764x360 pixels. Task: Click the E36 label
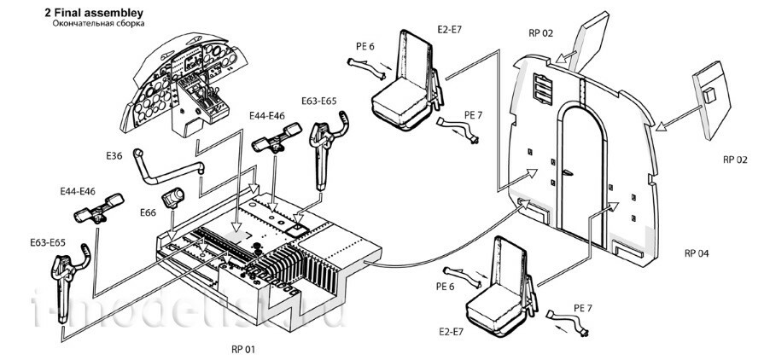click(x=115, y=155)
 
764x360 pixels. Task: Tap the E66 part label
click(x=149, y=212)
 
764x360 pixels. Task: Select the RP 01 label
click(x=243, y=349)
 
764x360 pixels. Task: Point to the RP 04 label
click(x=697, y=253)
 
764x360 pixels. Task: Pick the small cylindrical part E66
click(x=173, y=198)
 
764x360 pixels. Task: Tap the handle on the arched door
click(x=566, y=172)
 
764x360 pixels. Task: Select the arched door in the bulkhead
click(x=582, y=173)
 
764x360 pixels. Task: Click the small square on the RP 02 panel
click(x=709, y=95)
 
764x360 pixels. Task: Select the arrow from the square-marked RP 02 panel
click(x=679, y=119)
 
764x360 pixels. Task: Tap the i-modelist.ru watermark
click(x=189, y=309)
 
